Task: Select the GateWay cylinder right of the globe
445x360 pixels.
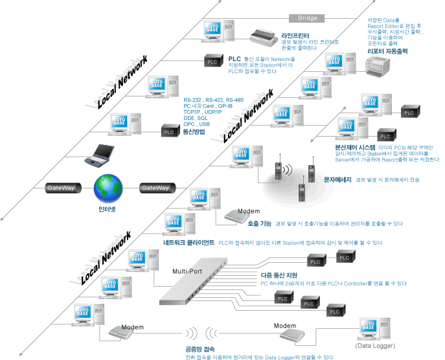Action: pos(155,188)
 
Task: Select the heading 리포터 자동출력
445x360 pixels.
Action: pos(387,51)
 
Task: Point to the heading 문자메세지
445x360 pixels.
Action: pos(337,179)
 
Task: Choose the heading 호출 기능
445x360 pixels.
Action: pos(260,224)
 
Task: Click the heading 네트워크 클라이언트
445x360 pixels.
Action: pos(189,243)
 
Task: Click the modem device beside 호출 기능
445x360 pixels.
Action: pos(234,218)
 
